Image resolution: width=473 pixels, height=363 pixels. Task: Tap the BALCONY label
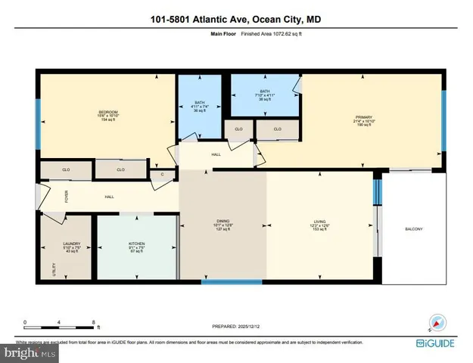[x=413, y=229]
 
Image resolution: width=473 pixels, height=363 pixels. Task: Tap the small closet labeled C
[x=161, y=175]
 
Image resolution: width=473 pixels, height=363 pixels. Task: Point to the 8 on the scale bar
[x=94, y=322]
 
